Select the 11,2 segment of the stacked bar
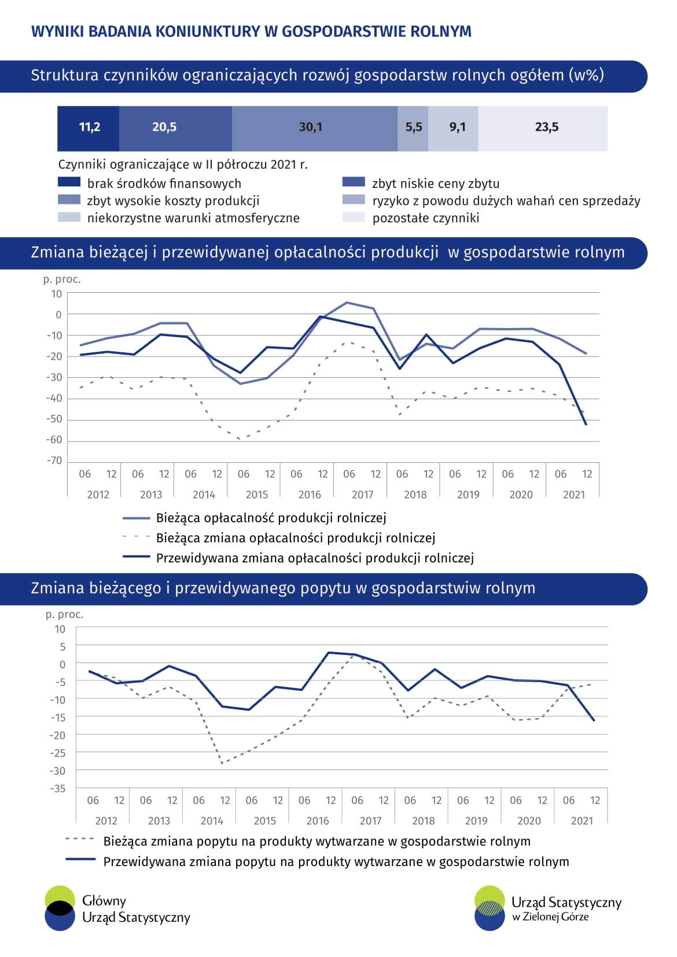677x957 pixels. click(89, 128)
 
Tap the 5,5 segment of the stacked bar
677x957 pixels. click(413, 128)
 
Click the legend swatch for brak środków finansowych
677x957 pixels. click(69, 182)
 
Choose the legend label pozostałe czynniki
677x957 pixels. click(426, 218)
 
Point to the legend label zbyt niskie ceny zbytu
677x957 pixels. click(436, 183)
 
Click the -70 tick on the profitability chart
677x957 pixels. click(54, 461)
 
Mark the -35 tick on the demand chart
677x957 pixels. click(57, 788)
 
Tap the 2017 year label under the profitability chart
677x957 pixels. click(363, 495)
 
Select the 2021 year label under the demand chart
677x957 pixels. click(582, 820)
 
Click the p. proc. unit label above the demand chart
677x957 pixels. click(64, 614)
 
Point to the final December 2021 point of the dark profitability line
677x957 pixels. click(586, 425)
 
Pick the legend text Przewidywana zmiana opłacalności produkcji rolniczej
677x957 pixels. click(315, 558)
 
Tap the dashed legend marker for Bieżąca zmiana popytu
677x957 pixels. click(80, 838)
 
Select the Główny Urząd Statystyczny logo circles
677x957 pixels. click(60, 908)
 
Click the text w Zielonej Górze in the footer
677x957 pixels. click(550, 917)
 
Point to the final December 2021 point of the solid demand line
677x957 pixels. click(594, 720)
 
